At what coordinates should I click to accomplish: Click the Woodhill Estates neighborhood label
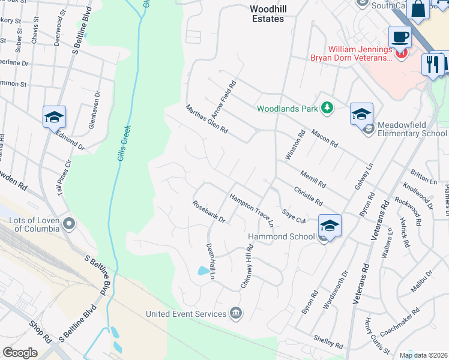tap(267, 14)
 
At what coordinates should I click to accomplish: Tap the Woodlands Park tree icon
tap(327, 108)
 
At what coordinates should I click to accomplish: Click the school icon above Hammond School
tap(330, 226)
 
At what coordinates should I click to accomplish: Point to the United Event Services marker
tap(236, 313)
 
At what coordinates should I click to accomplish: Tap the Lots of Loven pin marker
tap(70, 224)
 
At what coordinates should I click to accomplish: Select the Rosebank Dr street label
tap(208, 212)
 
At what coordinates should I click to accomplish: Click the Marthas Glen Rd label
tap(206, 119)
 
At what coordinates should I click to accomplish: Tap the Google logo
tap(20, 353)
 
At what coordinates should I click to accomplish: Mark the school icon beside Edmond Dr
tap(54, 117)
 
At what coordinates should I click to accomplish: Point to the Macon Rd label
tap(324, 138)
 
